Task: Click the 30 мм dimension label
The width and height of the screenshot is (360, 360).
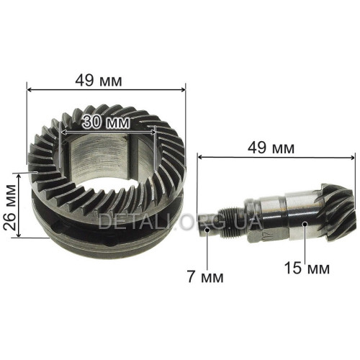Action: tap(106, 122)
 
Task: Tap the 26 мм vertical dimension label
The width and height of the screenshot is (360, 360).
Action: tap(10, 207)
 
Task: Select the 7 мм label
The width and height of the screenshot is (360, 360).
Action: tap(205, 276)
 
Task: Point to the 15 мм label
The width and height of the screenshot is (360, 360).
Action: tap(307, 268)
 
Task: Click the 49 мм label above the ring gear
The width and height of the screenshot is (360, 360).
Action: tap(99, 81)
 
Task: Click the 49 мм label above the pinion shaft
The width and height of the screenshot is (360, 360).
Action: tap(271, 148)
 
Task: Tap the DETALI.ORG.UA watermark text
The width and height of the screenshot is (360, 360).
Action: tap(180, 221)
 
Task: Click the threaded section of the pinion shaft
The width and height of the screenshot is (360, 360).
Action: tap(233, 221)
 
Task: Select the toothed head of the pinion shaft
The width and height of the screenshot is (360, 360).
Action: tap(336, 211)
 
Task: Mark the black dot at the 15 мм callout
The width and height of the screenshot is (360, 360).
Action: tap(305, 224)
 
